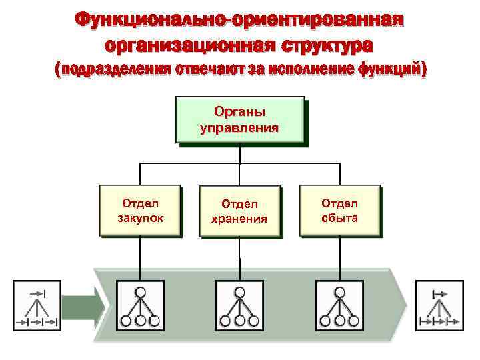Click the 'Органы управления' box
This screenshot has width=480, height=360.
tap(239, 120)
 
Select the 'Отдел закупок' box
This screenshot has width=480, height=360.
tap(140, 211)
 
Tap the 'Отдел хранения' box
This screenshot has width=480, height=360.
tap(240, 211)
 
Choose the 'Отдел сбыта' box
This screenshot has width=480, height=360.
tap(340, 211)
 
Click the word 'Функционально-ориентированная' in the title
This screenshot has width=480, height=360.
tap(239, 19)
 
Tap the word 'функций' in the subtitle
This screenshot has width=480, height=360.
tap(390, 69)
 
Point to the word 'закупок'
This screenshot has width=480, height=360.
tap(140, 217)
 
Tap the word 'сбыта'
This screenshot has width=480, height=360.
tap(340, 217)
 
